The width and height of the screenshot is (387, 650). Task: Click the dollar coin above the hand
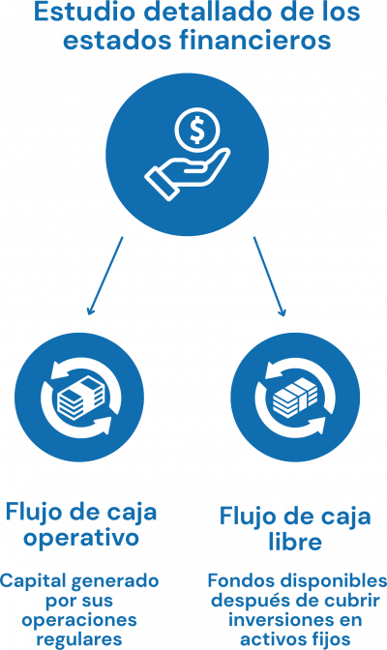point(197,131)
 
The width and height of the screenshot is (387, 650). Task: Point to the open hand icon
point(187,174)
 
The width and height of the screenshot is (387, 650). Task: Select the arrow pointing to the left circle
point(104,276)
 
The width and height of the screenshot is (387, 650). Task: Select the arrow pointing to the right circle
point(270,277)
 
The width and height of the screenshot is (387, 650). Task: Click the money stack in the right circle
point(295,398)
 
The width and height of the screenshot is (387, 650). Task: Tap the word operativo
point(81,538)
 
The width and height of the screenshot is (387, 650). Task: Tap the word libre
point(295,542)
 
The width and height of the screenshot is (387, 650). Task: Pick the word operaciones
point(79,620)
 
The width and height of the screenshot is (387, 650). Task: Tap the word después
point(245,602)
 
